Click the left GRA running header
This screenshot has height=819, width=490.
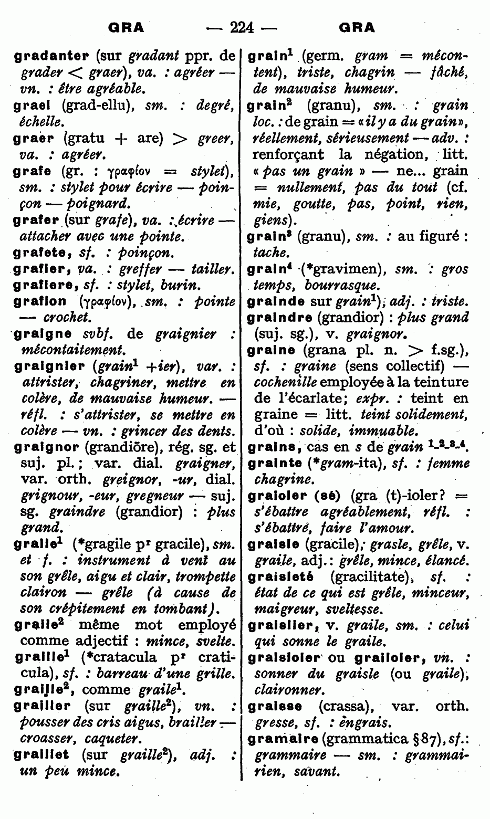pyautogui.click(x=126, y=27)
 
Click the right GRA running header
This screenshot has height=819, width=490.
pyautogui.click(x=357, y=27)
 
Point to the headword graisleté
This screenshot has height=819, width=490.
pyautogui.click(x=281, y=577)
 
